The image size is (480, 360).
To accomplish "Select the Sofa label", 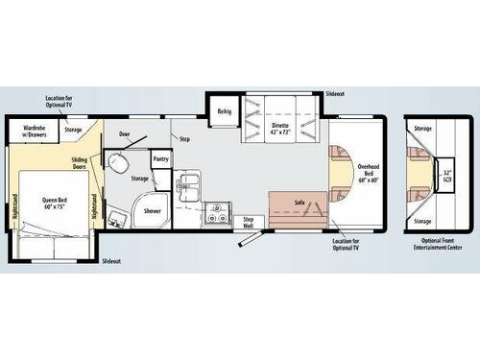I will pos(300,202).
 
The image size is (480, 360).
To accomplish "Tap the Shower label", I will pos(153,209).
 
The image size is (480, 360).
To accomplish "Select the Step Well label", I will pos(248,222).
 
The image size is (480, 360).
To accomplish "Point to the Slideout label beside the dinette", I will pos(335,94).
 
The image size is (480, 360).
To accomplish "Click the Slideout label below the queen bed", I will pos(112,262).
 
